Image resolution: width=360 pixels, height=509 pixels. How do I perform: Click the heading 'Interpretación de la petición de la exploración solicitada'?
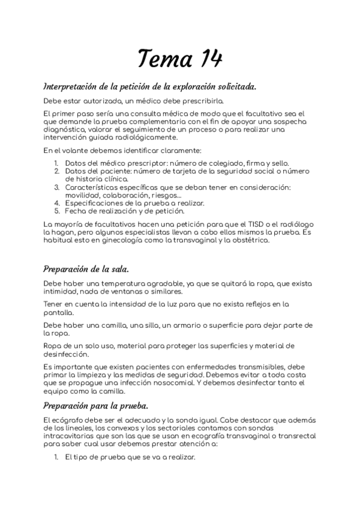coord(150,86)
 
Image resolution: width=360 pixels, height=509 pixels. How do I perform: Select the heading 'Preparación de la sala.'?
coord(85,268)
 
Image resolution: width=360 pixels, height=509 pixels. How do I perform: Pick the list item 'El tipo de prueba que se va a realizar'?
coord(130,457)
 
